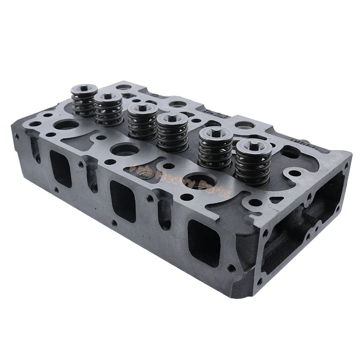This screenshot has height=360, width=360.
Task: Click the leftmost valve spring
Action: pyautogui.click(x=84, y=101)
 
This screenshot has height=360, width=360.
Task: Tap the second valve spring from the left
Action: pyautogui.click(x=108, y=110)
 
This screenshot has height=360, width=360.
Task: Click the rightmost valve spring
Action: pyautogui.click(x=253, y=163)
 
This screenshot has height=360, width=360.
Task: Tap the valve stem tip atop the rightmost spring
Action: pyautogui.click(x=254, y=145)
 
